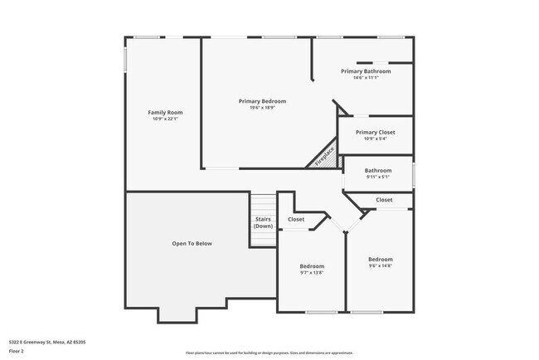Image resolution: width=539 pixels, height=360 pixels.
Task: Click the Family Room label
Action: [165, 112]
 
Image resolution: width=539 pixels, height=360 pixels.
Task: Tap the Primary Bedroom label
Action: [262, 100]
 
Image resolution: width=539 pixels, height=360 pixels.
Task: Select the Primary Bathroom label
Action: [366, 71]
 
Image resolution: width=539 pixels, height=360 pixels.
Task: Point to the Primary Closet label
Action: [375, 132]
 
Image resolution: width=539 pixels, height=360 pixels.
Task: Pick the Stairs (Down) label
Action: [263, 222]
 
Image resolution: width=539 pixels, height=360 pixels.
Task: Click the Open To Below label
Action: [192, 243]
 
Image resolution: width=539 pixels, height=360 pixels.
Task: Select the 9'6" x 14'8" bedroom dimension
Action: [380, 266]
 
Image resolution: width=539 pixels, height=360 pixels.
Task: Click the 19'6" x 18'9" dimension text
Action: [262, 108]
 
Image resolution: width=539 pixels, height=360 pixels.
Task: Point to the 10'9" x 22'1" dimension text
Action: [165, 119]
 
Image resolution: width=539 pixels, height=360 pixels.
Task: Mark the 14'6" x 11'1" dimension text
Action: [366, 79]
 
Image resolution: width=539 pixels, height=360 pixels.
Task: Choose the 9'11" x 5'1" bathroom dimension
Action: [377, 177]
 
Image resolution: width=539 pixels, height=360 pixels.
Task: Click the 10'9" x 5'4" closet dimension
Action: [375, 139]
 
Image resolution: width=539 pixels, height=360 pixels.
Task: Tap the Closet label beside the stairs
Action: [296, 219]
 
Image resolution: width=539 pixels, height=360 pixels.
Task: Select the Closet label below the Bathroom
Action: [385, 200]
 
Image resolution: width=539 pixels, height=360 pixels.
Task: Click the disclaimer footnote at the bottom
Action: [269, 352]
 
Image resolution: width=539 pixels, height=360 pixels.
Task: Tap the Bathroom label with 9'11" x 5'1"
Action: [377, 170]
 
